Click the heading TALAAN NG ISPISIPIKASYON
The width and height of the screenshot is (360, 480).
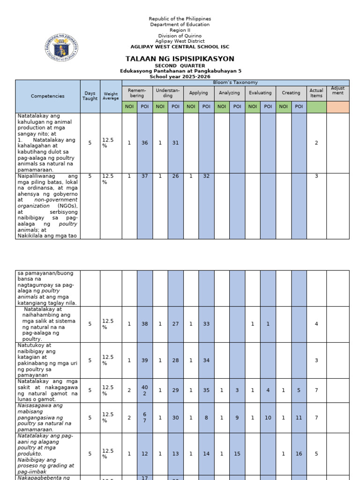pyautogui.click(x=180, y=59)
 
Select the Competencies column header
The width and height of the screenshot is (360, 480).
pyautogui.click(x=48, y=96)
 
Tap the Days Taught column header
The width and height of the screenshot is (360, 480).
pyautogui.click(x=90, y=96)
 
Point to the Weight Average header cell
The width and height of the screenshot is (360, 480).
pyautogui.click(x=111, y=96)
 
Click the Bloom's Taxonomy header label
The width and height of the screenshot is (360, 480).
pyautogui.click(x=235, y=82)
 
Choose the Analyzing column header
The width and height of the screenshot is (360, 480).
pyautogui.click(x=229, y=93)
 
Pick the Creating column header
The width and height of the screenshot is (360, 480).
pyautogui.click(x=291, y=93)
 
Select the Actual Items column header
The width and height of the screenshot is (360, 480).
pyautogui.click(x=316, y=93)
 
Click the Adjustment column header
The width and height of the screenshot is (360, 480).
pyautogui.click(x=337, y=90)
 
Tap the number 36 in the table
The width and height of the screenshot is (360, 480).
pyautogui.click(x=145, y=143)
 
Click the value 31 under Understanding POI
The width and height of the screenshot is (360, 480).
pyautogui.click(x=175, y=143)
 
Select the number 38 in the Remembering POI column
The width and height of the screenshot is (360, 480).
pyautogui.click(x=145, y=324)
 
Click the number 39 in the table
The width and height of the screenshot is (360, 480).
pyautogui.click(x=145, y=360)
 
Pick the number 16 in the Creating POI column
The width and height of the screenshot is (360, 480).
pyautogui.click(x=299, y=454)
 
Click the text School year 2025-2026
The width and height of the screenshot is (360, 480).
pyautogui.click(x=180, y=76)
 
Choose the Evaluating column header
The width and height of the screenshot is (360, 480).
pyautogui.click(x=260, y=93)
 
